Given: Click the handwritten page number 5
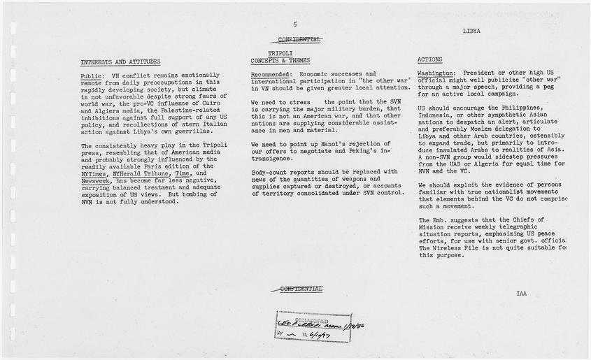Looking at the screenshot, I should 295,24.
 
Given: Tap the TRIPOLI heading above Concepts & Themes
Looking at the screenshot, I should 280,53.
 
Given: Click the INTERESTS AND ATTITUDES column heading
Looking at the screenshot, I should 120,62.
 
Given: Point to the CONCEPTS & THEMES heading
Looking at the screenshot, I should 280,60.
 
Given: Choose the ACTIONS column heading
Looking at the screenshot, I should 429,60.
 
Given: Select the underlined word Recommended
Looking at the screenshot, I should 271,73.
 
